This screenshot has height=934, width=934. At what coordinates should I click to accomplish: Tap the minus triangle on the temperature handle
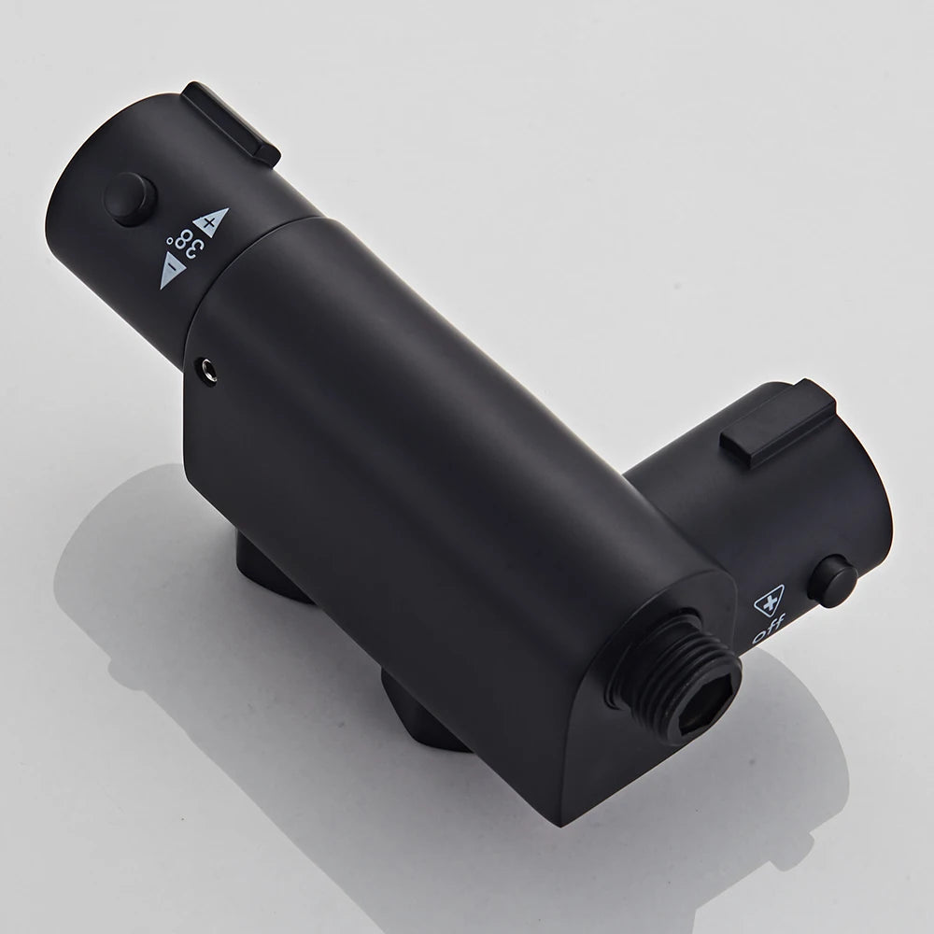point(170,272)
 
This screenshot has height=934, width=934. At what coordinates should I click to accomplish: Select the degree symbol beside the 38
point(170,241)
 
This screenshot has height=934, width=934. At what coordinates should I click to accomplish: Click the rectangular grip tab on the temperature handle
point(231,123)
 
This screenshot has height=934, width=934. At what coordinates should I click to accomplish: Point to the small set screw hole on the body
point(206,371)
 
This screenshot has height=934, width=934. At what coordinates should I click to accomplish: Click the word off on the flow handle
point(769,629)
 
